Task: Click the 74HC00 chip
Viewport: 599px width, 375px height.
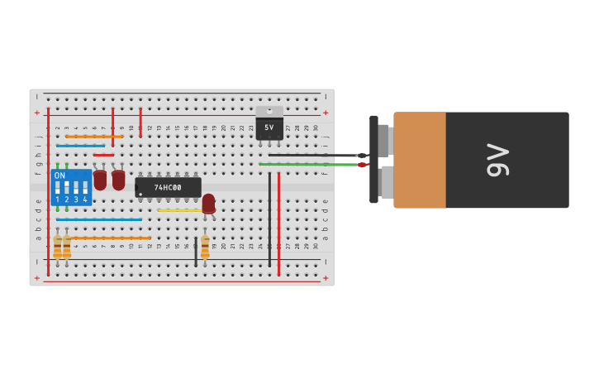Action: tap(168, 188)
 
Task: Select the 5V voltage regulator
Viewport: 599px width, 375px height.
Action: tap(269, 127)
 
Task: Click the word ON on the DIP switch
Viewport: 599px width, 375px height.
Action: tap(59, 175)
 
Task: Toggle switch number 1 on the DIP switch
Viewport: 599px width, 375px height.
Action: tap(58, 188)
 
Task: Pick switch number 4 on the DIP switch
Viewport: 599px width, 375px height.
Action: tap(84, 188)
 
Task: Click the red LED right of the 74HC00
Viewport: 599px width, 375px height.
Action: tap(208, 202)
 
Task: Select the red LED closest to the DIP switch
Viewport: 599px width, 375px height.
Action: tap(100, 179)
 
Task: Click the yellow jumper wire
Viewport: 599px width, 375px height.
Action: tap(179, 210)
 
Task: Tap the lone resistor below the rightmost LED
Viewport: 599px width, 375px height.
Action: tap(205, 247)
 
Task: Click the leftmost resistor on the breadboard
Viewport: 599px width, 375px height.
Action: tap(57, 247)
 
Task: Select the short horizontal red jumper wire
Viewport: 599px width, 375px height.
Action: tap(103, 155)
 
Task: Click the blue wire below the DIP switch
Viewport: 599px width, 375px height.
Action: tap(99, 219)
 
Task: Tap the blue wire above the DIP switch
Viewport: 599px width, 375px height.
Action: tap(80, 146)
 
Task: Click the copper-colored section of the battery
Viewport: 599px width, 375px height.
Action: tap(420, 160)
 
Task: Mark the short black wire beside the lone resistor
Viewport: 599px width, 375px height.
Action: tap(196, 251)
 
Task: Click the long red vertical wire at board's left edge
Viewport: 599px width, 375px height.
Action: tap(48, 190)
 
